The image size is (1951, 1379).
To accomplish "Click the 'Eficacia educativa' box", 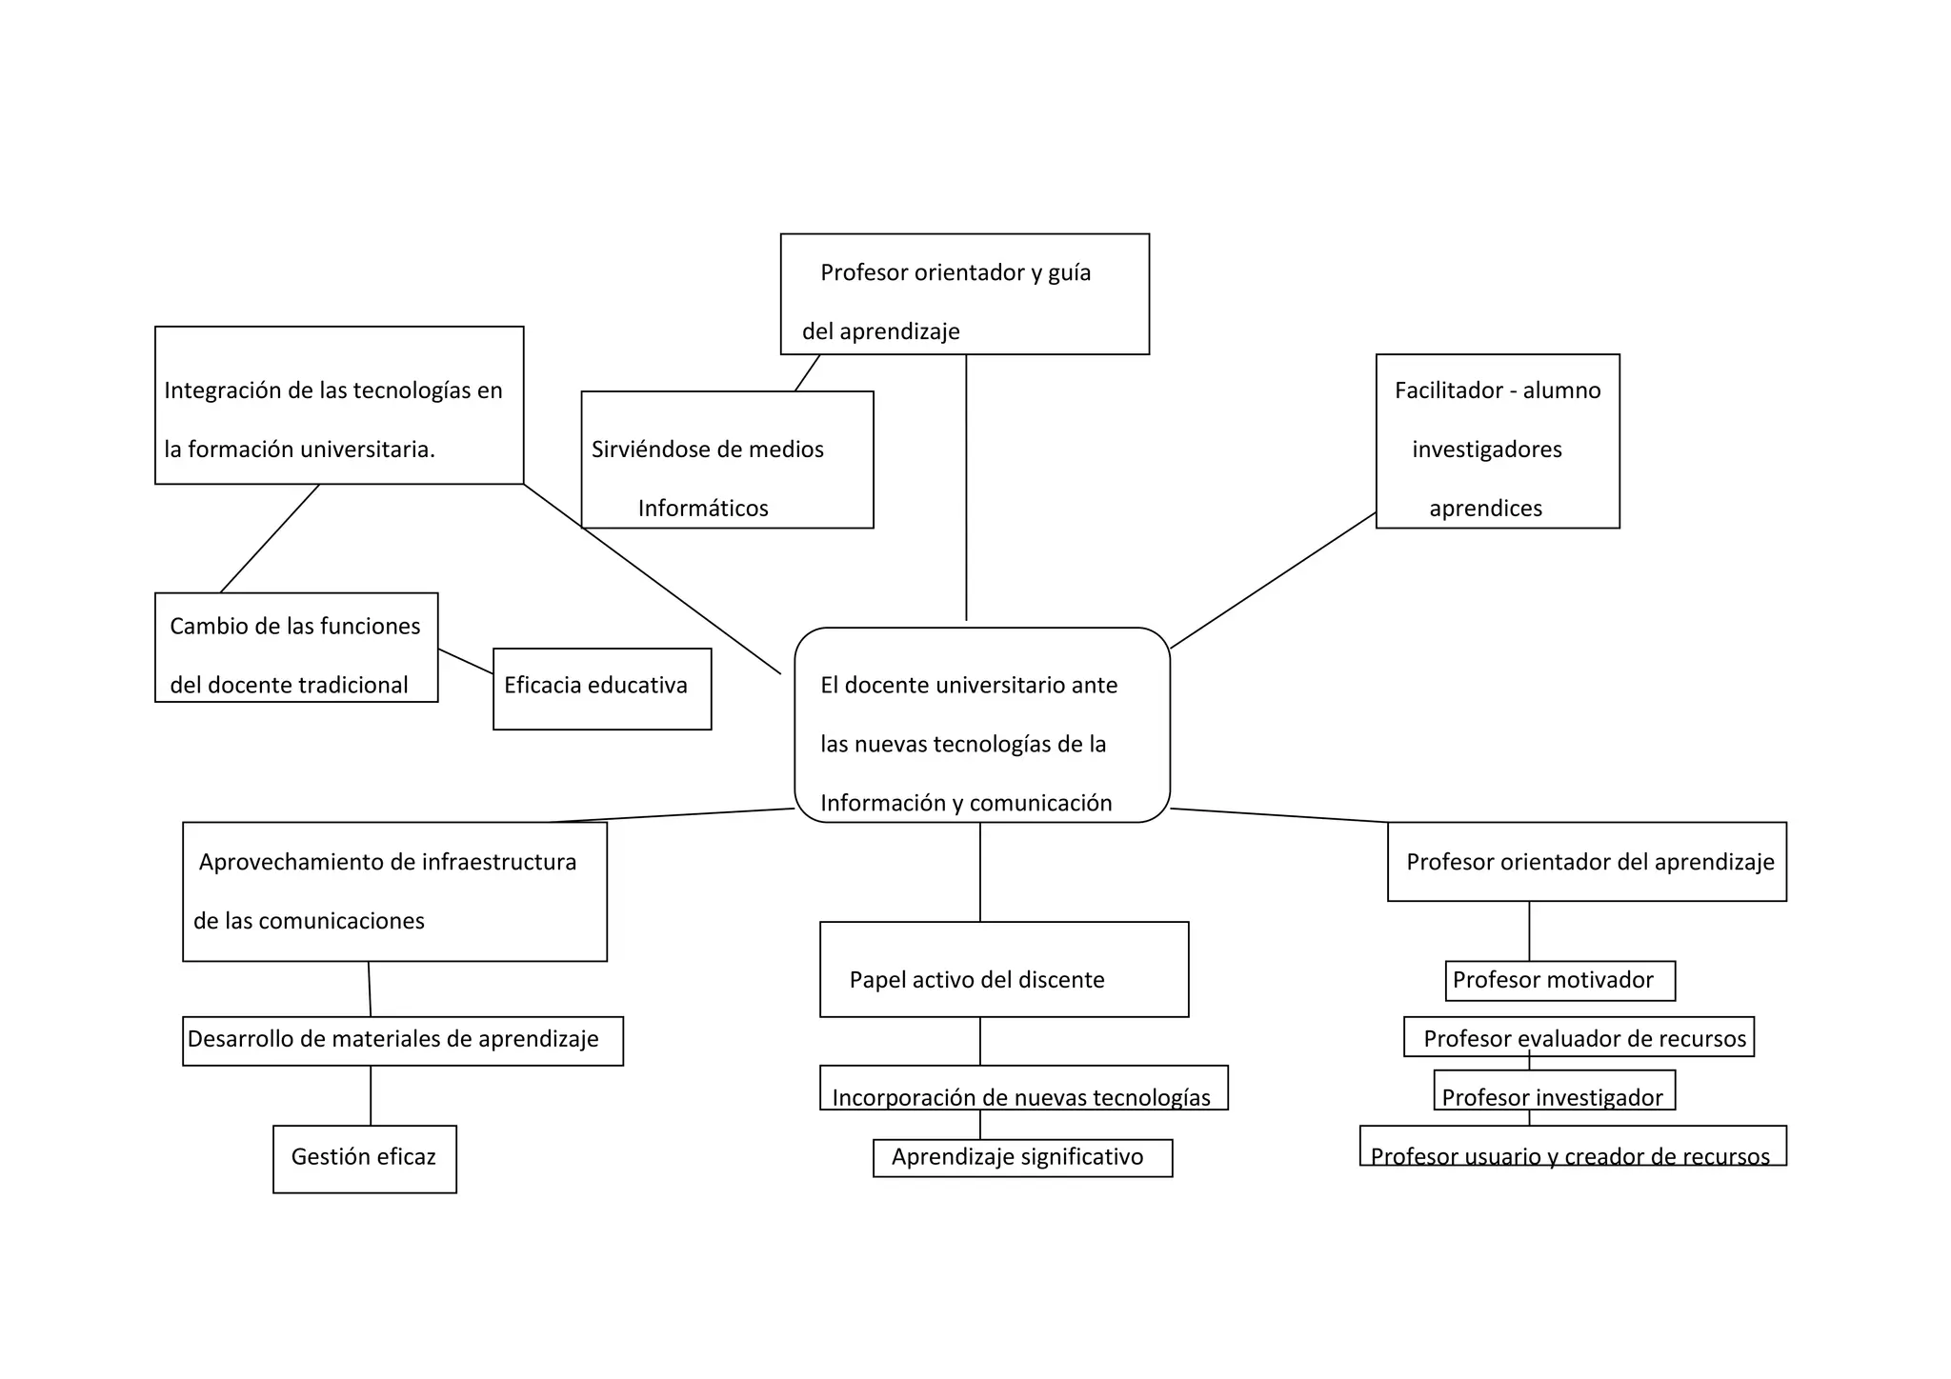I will pyautogui.click(x=602, y=689).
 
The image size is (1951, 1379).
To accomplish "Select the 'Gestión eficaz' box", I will pyautogui.click(x=364, y=1159).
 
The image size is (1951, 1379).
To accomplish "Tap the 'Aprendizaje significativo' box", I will pyautogui.click(x=1022, y=1158).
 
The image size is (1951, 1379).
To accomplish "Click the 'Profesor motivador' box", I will pyautogui.click(x=1559, y=981).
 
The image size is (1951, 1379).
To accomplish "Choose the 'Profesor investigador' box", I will pyautogui.click(x=1554, y=1091).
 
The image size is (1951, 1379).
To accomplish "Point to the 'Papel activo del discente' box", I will pyautogui.click(x=1004, y=969).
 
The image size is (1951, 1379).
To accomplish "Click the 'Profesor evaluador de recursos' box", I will pyautogui.click(x=1579, y=1036).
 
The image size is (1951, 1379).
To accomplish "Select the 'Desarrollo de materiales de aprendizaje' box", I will pyautogui.click(x=402, y=1040).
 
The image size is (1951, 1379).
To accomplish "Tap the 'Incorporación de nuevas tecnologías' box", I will pyautogui.click(x=1023, y=1089).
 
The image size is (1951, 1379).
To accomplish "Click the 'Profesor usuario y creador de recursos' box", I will pyautogui.click(x=1572, y=1147).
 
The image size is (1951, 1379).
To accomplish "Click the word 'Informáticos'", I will pyautogui.click(x=703, y=509).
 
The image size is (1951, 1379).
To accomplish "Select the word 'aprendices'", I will pyautogui.click(x=1485, y=509).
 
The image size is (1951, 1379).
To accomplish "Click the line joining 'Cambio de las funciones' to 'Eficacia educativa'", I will pyautogui.click(x=466, y=662).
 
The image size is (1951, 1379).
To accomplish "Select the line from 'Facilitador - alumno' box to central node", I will pyautogui.click(x=1273, y=581).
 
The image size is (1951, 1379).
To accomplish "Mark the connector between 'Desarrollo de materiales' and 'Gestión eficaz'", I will pyautogui.click(x=371, y=1095).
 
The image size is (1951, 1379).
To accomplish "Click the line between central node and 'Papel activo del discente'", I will pyautogui.click(x=980, y=871).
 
